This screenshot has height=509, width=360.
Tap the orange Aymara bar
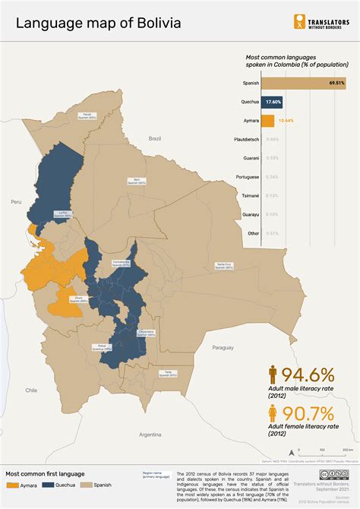pyautogui.click(x=270, y=120)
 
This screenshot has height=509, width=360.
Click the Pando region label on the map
pyautogui.click(x=87, y=116)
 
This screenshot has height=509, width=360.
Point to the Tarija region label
pyautogui.click(x=168, y=373)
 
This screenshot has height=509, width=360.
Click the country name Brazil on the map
pyautogui.click(x=156, y=139)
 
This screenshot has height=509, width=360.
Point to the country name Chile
pyautogui.click(x=31, y=390)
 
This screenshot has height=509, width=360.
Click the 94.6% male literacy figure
pyautogui.click(x=308, y=375)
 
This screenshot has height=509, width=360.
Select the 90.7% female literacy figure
pyautogui.click(x=308, y=414)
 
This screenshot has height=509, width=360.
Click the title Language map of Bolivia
pyautogui.click(x=99, y=24)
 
